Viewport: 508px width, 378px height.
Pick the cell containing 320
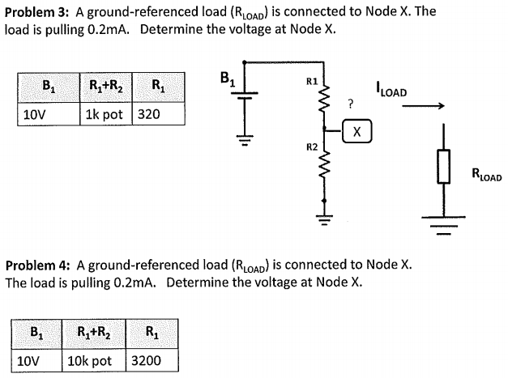pyautogui.click(x=149, y=114)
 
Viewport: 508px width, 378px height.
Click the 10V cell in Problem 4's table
pyautogui.click(x=31, y=360)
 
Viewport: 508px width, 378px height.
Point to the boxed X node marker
pyautogui.click(x=357, y=130)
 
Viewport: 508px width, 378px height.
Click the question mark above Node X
pyautogui.click(x=350, y=104)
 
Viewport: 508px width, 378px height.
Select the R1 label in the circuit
pyautogui.click(x=311, y=82)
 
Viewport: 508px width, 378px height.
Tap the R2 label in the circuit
pyautogui.click(x=311, y=147)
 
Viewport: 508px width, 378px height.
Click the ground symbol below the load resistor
pyautogui.click(x=443, y=217)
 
